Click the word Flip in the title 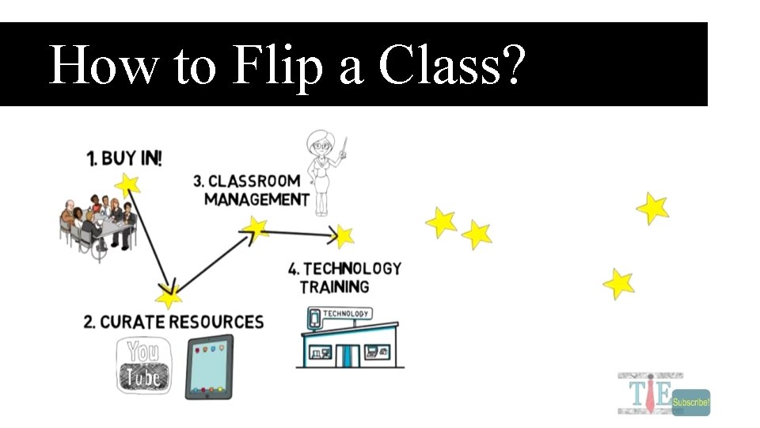point(279,66)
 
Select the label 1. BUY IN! point(124,159)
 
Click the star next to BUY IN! point(127,185)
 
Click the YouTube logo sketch point(143,365)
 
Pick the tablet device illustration point(209,366)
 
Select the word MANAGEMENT point(256,199)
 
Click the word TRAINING point(335,286)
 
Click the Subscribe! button point(691,403)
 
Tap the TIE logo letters point(644,393)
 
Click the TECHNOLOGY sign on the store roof point(346,315)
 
